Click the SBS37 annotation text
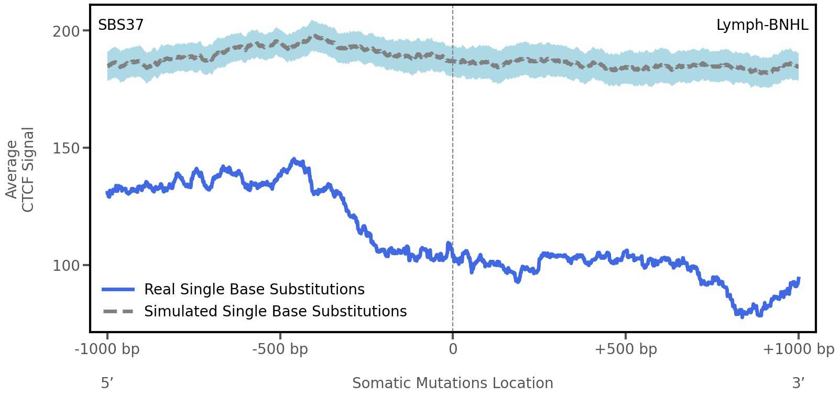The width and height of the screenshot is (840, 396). tap(121, 25)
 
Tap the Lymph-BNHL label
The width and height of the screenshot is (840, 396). tap(762, 25)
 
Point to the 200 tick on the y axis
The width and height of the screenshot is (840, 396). tap(66, 31)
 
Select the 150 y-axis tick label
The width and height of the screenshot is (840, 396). tap(66, 148)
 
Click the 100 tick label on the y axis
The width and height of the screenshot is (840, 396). tap(66, 266)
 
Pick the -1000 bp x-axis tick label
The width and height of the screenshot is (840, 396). tap(107, 349)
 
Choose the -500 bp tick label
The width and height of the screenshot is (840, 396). tap(280, 349)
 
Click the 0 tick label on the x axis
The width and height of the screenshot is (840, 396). tap(453, 349)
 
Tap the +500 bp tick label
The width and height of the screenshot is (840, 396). tap(626, 349)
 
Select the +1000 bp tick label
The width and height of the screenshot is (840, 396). tap(798, 349)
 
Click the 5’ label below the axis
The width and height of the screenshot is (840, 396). tap(107, 383)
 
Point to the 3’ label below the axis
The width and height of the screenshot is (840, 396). tap(798, 383)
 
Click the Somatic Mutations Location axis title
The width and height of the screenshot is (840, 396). tap(453, 383)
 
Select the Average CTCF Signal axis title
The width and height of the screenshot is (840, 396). tap(20, 169)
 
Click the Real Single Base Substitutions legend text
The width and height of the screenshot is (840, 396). tap(254, 290)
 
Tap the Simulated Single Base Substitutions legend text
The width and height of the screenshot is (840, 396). tap(275, 312)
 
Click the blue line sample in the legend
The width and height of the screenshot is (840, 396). tap(118, 290)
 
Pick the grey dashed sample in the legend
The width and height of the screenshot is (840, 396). tap(118, 312)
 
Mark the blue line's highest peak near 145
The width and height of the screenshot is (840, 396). tap(294, 159)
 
